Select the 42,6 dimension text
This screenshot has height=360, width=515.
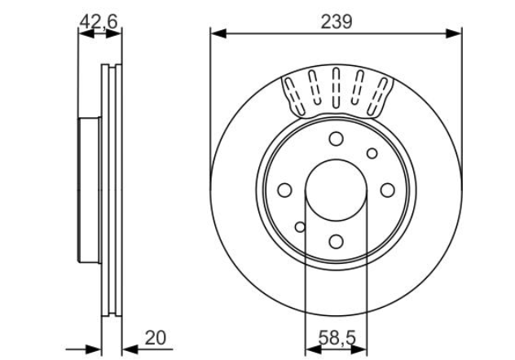tap(99, 22)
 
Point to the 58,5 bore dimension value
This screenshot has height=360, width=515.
tap(335, 336)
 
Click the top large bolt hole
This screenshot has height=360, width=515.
tap(336, 139)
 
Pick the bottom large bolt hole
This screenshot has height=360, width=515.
tap(336, 241)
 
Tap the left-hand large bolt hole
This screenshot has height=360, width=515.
tap(284, 190)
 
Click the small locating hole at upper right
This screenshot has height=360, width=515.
tap(372, 153)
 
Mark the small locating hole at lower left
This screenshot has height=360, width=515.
tap(300, 226)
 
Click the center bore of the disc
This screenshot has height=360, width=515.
tap(336, 190)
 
